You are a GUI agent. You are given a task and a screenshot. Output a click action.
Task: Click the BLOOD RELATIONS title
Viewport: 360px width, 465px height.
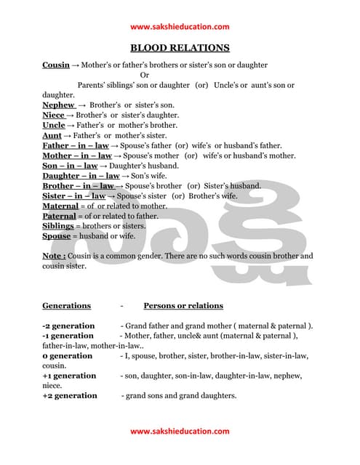[x=180, y=48]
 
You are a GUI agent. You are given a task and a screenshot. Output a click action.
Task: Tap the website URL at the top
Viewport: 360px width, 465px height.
[x=180, y=27]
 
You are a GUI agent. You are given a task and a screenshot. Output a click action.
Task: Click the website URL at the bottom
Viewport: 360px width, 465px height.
[x=180, y=431]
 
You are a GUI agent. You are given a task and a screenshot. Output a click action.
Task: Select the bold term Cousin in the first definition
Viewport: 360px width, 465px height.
[x=56, y=65]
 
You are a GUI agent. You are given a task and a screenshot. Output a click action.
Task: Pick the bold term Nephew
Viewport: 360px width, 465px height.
[x=58, y=105]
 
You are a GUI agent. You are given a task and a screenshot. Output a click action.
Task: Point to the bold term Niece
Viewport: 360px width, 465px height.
[x=54, y=115]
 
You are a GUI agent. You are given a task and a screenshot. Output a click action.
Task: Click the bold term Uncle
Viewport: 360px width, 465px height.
[x=54, y=125]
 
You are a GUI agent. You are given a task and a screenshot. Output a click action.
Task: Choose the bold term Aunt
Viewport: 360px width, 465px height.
[x=52, y=135]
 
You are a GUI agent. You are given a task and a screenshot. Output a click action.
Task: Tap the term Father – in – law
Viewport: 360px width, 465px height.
[x=76, y=145]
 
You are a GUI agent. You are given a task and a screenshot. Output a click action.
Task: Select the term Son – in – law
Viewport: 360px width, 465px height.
[x=69, y=166]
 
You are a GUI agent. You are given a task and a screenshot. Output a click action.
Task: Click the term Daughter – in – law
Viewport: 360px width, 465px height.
[x=81, y=176]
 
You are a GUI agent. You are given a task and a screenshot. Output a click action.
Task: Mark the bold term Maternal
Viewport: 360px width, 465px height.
[x=60, y=206]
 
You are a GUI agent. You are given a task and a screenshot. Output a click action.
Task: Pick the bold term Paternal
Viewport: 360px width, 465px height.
[x=59, y=216]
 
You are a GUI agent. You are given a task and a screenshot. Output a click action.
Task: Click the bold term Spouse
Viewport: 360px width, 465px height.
[x=56, y=236]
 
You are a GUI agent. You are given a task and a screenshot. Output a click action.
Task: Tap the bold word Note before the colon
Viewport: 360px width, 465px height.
[x=53, y=256]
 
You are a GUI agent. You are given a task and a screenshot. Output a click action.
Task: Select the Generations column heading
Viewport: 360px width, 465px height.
[x=67, y=306]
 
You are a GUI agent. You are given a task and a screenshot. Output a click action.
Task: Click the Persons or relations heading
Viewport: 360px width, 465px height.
[x=183, y=306]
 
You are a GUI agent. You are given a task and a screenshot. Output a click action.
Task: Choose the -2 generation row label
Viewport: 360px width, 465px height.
[x=68, y=325]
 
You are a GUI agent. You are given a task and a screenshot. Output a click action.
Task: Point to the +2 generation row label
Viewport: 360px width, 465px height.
[x=70, y=395]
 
